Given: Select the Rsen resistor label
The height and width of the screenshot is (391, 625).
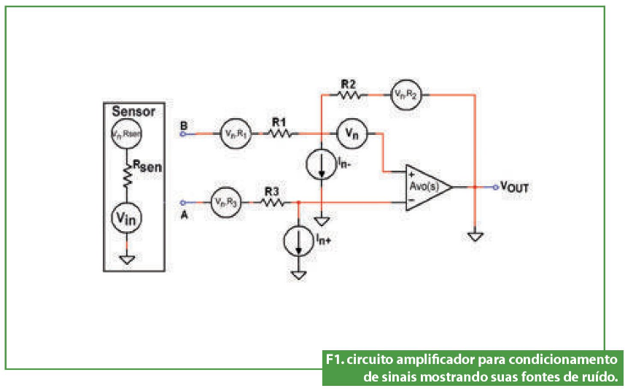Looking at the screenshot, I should point(146,167).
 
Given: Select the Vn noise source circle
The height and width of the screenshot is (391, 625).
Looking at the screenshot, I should point(352,133).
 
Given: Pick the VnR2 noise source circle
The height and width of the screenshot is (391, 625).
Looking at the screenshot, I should point(405,94).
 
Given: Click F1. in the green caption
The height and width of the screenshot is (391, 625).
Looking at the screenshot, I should point(335,360).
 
